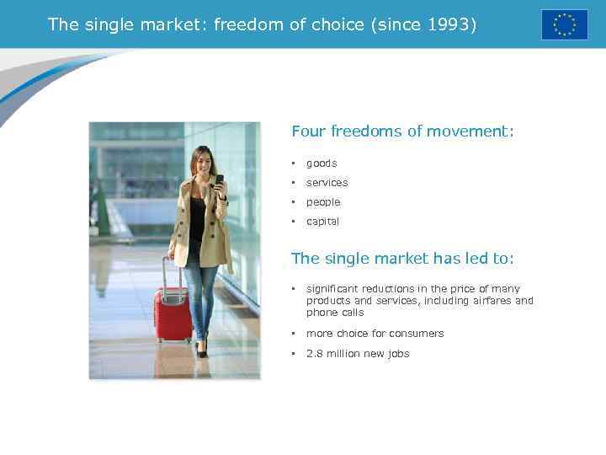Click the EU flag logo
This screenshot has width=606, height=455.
pyautogui.click(x=564, y=24)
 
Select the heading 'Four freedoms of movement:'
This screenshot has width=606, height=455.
pyautogui.click(x=402, y=131)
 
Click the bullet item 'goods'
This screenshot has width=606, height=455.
pyautogui.click(x=321, y=163)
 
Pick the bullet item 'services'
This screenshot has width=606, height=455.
pyautogui.click(x=327, y=183)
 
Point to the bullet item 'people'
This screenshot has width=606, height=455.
pyautogui.click(x=323, y=202)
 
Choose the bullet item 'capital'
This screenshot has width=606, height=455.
pyautogui.click(x=322, y=222)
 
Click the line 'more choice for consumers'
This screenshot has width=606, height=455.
pyautogui.click(x=375, y=334)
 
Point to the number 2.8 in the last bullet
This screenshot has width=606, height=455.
pyautogui.click(x=314, y=354)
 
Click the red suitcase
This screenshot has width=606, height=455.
pyautogui.click(x=173, y=314)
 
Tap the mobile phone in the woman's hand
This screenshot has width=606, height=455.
pyautogui.click(x=220, y=179)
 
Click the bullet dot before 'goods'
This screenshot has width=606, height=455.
pyautogui.click(x=294, y=163)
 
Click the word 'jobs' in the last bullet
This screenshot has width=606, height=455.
pyautogui.click(x=398, y=354)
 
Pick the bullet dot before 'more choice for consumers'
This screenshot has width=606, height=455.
pyautogui.click(x=294, y=334)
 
